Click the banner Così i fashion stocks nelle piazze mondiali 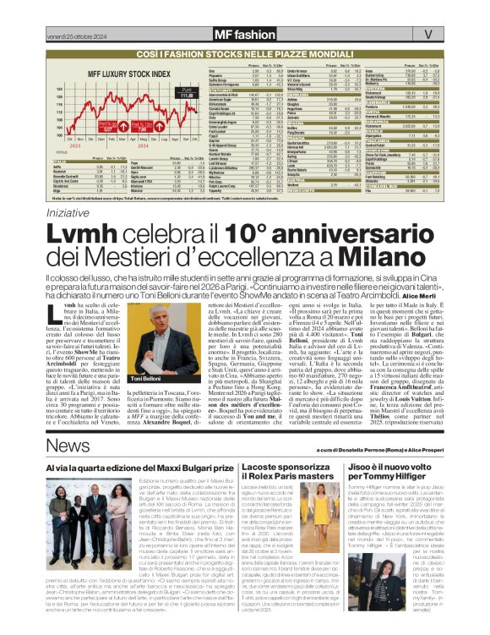[x=245, y=52]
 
